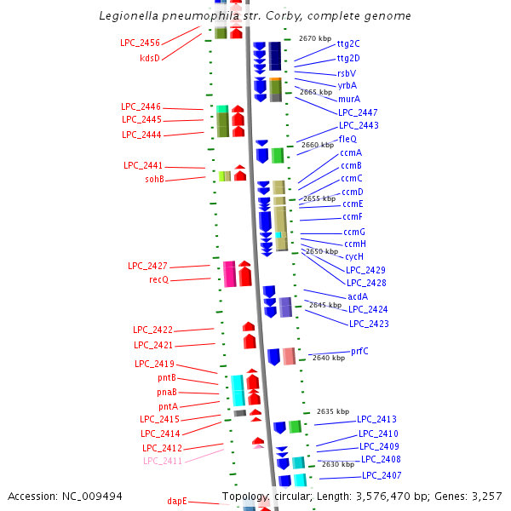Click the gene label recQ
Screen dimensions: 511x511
(159, 279)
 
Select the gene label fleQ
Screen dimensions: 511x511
(347, 139)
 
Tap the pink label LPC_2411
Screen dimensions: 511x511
(163, 461)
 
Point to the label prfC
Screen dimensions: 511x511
(359, 351)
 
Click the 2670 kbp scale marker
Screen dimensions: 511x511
(314, 38)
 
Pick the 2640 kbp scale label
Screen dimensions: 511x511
(329, 358)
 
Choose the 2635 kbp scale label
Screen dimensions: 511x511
(332, 411)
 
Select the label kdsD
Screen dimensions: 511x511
(150, 58)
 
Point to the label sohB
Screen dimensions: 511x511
(154, 180)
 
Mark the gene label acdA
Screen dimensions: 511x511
(358, 296)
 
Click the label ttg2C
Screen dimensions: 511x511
(348, 43)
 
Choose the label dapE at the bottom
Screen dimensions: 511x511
(176, 502)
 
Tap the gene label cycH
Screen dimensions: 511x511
(354, 256)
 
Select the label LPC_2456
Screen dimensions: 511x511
(140, 43)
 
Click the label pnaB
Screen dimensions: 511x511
(167, 392)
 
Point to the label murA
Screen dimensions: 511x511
(348, 99)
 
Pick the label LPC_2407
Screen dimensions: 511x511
(382, 475)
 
